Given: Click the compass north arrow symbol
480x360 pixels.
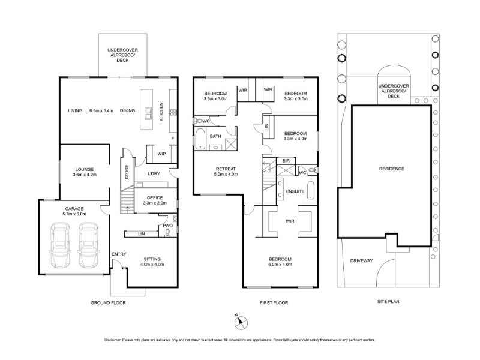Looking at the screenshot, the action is pyautogui.click(x=241, y=322).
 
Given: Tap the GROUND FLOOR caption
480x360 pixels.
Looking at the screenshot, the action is pyautogui.click(x=108, y=303).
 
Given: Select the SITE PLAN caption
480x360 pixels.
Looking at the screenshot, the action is pyautogui.click(x=388, y=301).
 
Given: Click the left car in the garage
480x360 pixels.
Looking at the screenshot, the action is pyautogui.click(x=60, y=245).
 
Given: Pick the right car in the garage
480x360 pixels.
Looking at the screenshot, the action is pyautogui.click(x=88, y=245).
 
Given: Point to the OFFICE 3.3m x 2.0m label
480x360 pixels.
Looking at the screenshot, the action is pyautogui.click(x=155, y=200).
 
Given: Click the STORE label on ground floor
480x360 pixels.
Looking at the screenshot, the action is pyautogui.click(x=127, y=172).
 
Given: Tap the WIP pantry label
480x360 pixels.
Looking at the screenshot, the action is pyautogui.click(x=161, y=154).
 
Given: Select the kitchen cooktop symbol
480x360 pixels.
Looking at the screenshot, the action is pyautogui.click(x=173, y=113).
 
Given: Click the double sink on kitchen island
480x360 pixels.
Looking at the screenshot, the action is pyautogui.click(x=148, y=113).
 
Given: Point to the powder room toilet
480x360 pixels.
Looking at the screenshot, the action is pyautogui.click(x=167, y=233).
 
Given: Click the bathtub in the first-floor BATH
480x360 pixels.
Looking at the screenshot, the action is pyautogui.click(x=200, y=139).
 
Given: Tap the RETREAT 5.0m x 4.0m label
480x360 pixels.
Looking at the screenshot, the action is pyautogui.click(x=226, y=172).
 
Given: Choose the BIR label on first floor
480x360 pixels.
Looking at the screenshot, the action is pyautogui.click(x=286, y=160).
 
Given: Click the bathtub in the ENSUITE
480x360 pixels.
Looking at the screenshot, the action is pyautogui.click(x=311, y=190).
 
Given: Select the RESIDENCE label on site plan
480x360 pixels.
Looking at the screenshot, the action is pyautogui.click(x=392, y=169).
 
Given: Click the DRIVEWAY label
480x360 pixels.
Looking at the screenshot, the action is pyautogui.click(x=362, y=261).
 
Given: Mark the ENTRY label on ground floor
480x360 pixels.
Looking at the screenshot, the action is pyautogui.click(x=119, y=254).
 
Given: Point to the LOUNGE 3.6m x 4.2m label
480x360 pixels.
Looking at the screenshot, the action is pyautogui.click(x=85, y=172).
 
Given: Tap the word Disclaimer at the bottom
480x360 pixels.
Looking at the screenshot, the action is pyautogui.click(x=113, y=340).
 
